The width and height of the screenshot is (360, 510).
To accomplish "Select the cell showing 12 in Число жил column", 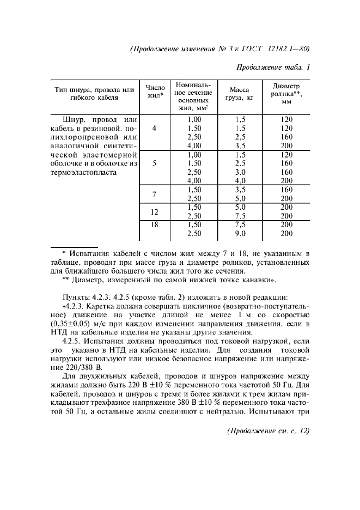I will pyautogui.click(x=154, y=211).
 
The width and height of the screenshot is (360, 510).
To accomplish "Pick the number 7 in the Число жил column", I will pyautogui.click(x=154, y=194).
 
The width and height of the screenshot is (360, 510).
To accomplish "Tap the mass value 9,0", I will pyautogui.click(x=240, y=233).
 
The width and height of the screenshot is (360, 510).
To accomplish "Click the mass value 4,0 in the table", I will pyautogui.click(x=240, y=181).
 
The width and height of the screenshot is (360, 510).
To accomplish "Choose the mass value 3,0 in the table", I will pyautogui.click(x=240, y=172).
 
